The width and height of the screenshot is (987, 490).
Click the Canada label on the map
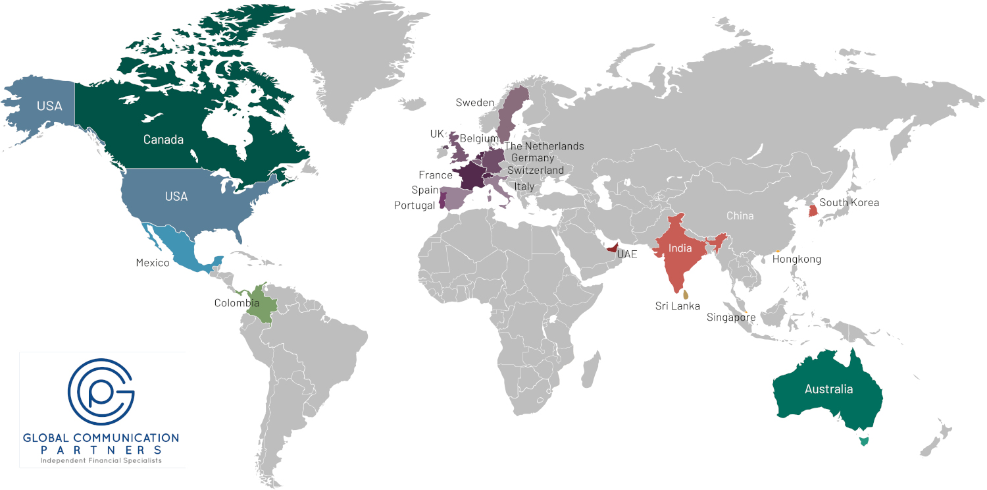pyautogui.click(x=163, y=140)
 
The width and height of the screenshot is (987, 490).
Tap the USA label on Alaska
pyautogui.click(x=49, y=106)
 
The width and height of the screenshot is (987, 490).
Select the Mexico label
pyautogui.click(x=153, y=263)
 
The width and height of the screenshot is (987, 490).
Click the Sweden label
pyautogui.click(x=475, y=103)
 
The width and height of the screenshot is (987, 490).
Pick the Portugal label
pyautogui.click(x=415, y=205)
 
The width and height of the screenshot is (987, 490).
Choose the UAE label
pyautogui.click(x=627, y=254)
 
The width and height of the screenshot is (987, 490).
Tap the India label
pyautogui.click(x=680, y=248)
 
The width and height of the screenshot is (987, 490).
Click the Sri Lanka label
pyautogui.click(x=678, y=306)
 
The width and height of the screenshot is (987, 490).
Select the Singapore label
pyautogui.click(x=731, y=317)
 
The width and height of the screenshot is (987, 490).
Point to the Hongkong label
pyautogui.click(x=797, y=259)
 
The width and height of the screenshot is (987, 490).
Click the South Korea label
pyautogui.click(x=849, y=202)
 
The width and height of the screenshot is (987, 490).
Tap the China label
pyautogui.click(x=740, y=216)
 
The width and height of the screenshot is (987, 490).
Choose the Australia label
pyautogui.click(x=829, y=389)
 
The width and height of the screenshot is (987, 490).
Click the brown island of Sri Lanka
pyautogui.click(x=686, y=295)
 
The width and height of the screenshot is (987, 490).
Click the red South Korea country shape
pyautogui.click(x=813, y=211)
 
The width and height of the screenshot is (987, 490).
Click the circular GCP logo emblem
pyautogui.click(x=101, y=392)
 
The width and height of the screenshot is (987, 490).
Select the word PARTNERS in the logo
pyautogui.click(x=101, y=449)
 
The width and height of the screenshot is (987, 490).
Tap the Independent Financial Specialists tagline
pyautogui.click(x=101, y=460)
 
